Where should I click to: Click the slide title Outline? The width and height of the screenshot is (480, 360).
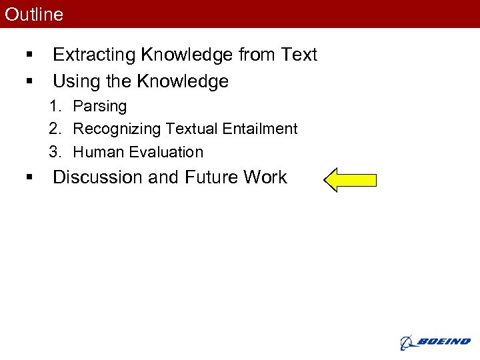(x=34, y=14)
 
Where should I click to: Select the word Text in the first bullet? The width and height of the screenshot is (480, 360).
(x=300, y=55)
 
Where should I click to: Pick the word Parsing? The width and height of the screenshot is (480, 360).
(x=99, y=107)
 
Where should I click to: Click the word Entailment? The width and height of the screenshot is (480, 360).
(x=263, y=129)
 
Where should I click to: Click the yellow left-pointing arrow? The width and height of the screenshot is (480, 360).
(x=350, y=179)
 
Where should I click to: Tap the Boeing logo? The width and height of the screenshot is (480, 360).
(x=435, y=342)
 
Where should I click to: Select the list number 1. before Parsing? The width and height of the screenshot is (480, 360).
(x=55, y=107)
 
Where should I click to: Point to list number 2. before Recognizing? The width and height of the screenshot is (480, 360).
(x=55, y=129)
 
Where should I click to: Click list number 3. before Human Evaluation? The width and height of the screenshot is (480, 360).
(x=55, y=152)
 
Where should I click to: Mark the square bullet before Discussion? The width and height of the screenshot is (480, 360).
(x=29, y=178)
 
